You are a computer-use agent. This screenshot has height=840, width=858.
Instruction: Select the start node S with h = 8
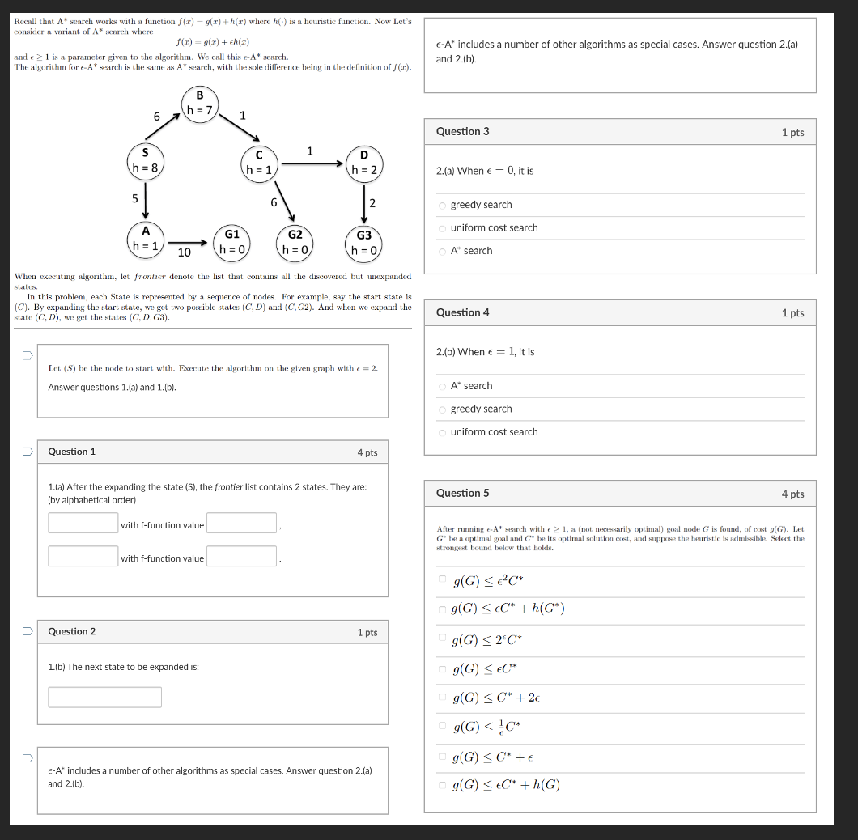point(146,160)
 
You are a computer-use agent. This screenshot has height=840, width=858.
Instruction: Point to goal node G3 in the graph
point(363,242)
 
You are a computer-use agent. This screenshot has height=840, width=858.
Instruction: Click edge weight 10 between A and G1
point(184,252)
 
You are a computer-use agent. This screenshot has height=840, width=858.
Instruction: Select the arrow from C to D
point(312,163)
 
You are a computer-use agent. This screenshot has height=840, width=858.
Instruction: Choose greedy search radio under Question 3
point(443,206)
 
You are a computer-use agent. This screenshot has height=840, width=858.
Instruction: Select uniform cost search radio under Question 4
point(443,432)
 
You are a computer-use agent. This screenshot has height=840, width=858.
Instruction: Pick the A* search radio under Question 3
point(443,251)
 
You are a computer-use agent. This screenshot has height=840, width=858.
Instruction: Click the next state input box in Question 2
point(104,697)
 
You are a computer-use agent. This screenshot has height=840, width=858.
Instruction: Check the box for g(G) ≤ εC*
point(443,668)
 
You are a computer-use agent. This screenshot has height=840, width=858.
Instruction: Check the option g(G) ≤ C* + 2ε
point(443,697)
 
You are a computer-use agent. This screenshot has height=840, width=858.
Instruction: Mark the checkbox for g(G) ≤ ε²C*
point(443,579)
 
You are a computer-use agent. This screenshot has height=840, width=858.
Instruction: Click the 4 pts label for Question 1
point(367,452)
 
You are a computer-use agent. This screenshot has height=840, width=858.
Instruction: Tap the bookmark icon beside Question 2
point(27,630)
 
